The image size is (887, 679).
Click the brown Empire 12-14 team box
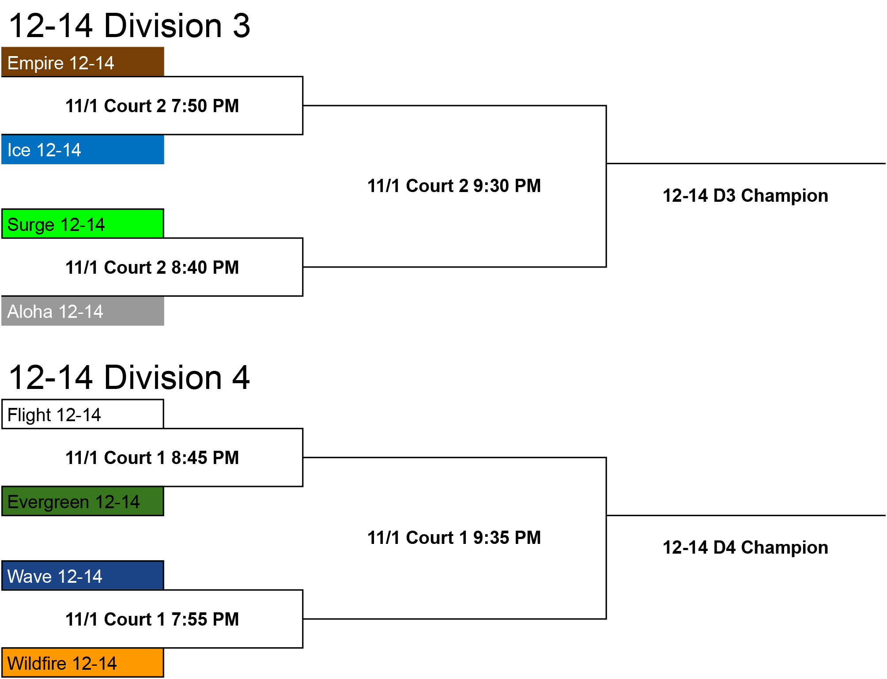point(83,62)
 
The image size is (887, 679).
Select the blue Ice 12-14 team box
point(83,150)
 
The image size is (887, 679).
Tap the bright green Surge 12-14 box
point(83,224)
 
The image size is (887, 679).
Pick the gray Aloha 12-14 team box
point(83,311)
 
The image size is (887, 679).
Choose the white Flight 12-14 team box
point(83,414)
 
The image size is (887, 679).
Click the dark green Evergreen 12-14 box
point(83,501)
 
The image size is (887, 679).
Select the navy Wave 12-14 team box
point(83,576)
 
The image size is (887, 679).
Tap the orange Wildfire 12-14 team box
point(83,663)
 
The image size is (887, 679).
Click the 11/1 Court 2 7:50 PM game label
point(152,106)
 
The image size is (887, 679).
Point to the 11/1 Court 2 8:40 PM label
point(152,268)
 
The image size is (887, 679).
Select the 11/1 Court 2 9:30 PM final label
point(454,186)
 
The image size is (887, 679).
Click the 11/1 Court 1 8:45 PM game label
point(152,458)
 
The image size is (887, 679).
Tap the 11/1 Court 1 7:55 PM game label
point(152,619)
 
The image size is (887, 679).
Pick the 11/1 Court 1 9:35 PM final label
point(454,538)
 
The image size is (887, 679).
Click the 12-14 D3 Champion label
point(745,196)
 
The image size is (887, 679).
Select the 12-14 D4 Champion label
point(745,547)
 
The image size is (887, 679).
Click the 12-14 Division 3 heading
point(129,26)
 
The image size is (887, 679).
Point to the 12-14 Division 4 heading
point(129,377)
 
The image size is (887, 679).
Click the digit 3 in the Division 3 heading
point(242,26)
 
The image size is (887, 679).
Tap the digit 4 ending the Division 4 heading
point(241,377)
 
